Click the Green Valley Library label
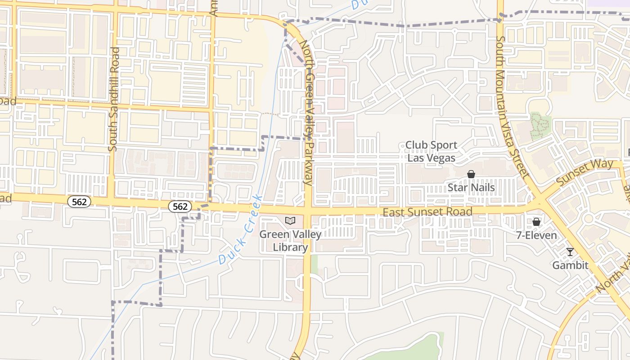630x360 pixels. (x=290, y=241)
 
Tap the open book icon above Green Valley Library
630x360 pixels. (x=290, y=220)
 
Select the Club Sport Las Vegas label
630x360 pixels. (x=431, y=152)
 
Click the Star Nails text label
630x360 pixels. (x=471, y=188)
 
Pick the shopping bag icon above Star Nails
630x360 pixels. (x=471, y=174)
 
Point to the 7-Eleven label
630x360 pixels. (x=536, y=235)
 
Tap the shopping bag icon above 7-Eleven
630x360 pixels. (x=536, y=222)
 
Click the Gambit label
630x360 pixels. (x=570, y=265)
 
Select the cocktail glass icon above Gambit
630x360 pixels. (x=570, y=252)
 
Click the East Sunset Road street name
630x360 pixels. (x=427, y=211)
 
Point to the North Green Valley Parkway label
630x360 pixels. (x=307, y=112)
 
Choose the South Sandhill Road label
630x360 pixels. (x=113, y=99)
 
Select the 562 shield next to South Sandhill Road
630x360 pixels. (x=79, y=202)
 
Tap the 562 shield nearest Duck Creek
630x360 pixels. (x=180, y=207)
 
